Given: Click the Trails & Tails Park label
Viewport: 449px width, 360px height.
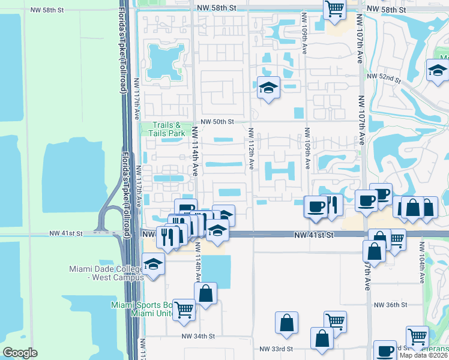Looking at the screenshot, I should (x=160, y=130).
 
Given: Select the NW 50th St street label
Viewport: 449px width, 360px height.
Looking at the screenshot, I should (x=217, y=121).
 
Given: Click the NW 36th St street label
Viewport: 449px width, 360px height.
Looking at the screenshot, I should (x=390, y=305).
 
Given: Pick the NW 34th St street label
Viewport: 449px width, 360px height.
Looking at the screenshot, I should (x=197, y=336).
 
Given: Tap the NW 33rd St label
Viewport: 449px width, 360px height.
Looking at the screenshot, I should (x=276, y=349).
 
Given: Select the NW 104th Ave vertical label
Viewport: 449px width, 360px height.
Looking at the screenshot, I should (x=423, y=265).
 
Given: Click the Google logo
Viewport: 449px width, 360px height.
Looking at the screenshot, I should (x=20, y=352).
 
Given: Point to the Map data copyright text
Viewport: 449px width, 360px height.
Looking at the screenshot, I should (x=424, y=355).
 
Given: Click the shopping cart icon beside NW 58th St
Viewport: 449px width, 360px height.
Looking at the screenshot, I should (x=334, y=9).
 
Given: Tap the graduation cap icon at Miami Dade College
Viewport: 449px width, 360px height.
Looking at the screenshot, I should (x=154, y=263).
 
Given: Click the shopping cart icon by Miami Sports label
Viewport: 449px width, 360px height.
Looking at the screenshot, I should (x=184, y=309).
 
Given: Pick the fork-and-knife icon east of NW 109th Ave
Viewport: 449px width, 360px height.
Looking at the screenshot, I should (x=331, y=205).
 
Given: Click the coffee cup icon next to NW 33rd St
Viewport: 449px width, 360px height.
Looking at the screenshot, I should (x=384, y=350).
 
